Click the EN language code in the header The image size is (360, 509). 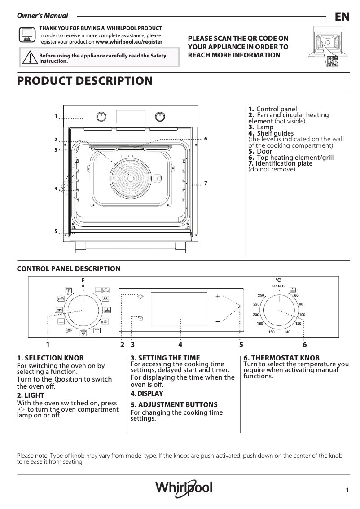pos(342,17)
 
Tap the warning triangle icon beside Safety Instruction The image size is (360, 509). pos(30,58)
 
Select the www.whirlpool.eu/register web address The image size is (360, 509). pos(129,42)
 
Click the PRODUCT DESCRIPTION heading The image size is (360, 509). pos(84,81)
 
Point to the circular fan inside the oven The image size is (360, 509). pos(130,178)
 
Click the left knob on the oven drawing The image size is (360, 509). pos(102,117)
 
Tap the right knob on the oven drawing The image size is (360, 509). pos(160,117)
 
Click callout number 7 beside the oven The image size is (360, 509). pos(205,183)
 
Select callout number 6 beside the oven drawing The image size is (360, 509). pos(205,139)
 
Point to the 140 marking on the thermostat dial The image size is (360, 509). pos(287,332)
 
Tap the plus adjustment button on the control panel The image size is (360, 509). pos(217,297)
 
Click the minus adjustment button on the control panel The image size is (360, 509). pos(217,321)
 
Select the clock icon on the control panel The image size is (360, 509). pos(140,318)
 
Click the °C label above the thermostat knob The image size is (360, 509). pos(278,280)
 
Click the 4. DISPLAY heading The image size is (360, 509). pos(147,394)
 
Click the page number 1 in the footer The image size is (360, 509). pos(347,491)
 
